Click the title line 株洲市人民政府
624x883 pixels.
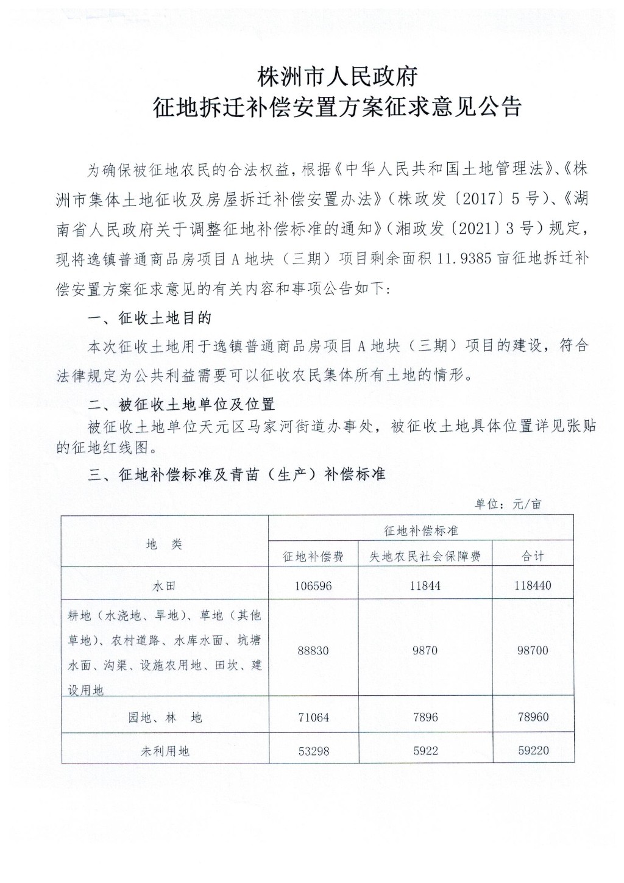pos(337,77)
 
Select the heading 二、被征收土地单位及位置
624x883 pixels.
pos(181,404)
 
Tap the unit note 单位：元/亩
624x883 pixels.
pos(508,504)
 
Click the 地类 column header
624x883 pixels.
pos(165,545)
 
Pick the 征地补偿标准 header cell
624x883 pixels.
pos(420,531)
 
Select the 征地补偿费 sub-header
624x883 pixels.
pos(313,556)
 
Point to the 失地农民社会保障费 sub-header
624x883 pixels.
pos(425,556)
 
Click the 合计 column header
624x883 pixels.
pos(533,556)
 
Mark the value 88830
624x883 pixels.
pos(313,651)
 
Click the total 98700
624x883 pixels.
pos(533,651)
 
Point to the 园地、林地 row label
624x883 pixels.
pos(165,718)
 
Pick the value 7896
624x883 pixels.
pos(425,718)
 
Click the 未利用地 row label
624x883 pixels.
pos(165,751)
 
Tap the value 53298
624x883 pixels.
pos(313,751)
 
